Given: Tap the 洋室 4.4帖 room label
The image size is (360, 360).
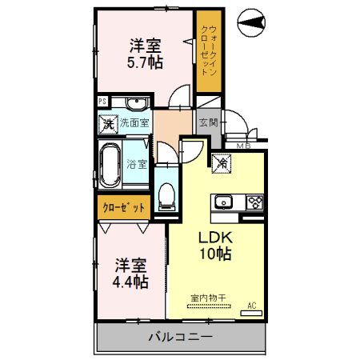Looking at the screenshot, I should (130, 273).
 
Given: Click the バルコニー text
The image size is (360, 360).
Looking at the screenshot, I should (181, 337).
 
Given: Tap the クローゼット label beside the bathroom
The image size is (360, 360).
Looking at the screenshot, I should (124, 207).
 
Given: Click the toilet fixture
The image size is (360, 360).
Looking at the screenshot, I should (166, 194).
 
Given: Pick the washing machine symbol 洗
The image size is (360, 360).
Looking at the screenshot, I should (108, 124).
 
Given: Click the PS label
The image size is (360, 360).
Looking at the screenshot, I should (102, 102).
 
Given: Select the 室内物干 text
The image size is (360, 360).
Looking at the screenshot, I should (208, 298).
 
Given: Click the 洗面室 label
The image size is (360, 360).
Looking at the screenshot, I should (134, 123).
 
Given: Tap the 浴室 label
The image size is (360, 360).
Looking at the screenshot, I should (137, 165).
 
